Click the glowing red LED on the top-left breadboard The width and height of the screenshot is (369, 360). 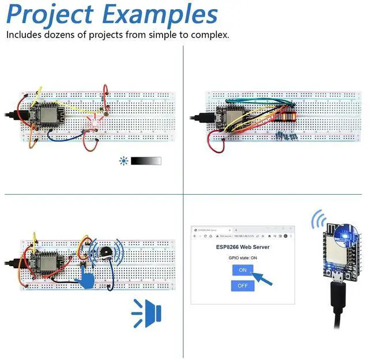click(x=94, y=122)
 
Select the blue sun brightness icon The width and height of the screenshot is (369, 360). click(x=123, y=161)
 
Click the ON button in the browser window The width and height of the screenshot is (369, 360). click(x=242, y=270)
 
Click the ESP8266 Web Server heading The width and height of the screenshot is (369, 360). click(x=242, y=247)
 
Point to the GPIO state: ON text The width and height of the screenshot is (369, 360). click(x=242, y=257)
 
